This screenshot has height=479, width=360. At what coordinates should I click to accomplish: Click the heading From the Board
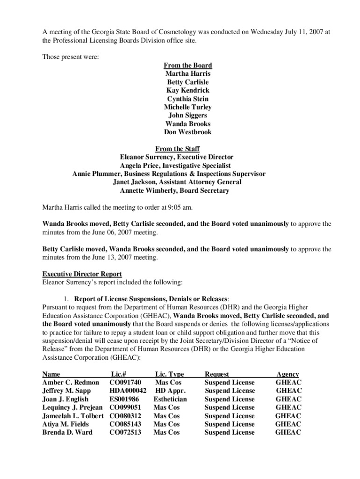[x=187, y=65]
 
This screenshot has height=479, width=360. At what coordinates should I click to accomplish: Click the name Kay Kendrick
[x=187, y=90]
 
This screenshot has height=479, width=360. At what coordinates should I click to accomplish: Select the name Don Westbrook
[x=187, y=132]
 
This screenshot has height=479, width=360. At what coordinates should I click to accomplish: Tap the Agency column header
[x=288, y=374]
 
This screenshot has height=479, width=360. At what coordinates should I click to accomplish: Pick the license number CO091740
[x=125, y=383]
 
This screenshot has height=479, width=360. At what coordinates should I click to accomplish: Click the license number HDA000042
[x=128, y=391]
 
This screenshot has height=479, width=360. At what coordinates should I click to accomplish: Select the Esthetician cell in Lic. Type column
[x=170, y=399]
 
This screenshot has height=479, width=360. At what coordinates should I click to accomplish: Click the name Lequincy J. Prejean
[x=72, y=407]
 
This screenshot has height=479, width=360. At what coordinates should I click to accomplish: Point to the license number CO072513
[x=125, y=432]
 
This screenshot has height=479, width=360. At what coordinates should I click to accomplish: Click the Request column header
[x=217, y=374]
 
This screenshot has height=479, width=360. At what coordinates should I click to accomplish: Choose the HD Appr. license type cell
[x=171, y=391]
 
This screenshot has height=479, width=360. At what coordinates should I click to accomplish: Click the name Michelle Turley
[x=187, y=107]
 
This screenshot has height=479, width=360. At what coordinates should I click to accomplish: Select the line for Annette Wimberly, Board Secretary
[x=174, y=191]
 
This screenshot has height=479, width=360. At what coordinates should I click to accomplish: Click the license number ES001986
[x=124, y=399]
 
